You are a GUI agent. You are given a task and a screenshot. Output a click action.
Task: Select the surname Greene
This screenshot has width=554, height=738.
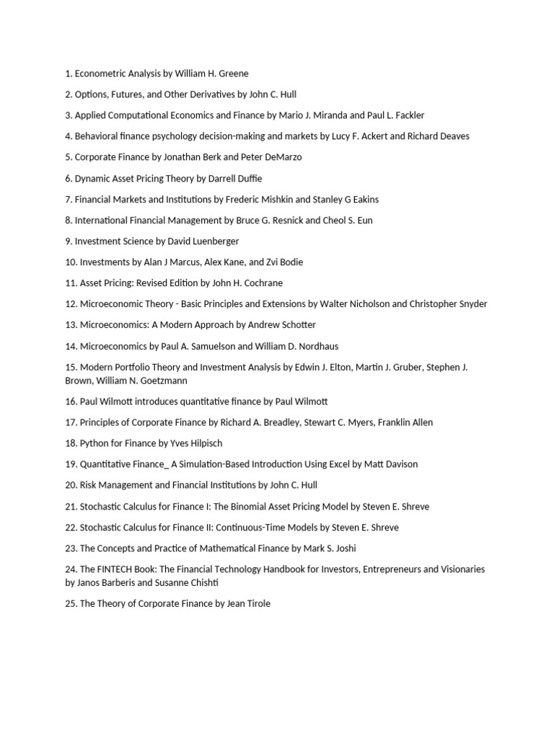click(233, 74)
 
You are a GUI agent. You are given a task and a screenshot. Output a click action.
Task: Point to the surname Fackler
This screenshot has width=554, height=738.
click(407, 115)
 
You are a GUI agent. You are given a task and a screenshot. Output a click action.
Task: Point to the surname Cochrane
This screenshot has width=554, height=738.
click(258, 283)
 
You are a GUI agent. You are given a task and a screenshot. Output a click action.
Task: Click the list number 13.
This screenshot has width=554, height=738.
click(70, 325)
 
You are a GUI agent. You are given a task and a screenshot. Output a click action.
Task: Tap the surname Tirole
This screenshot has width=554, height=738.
click(256, 604)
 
